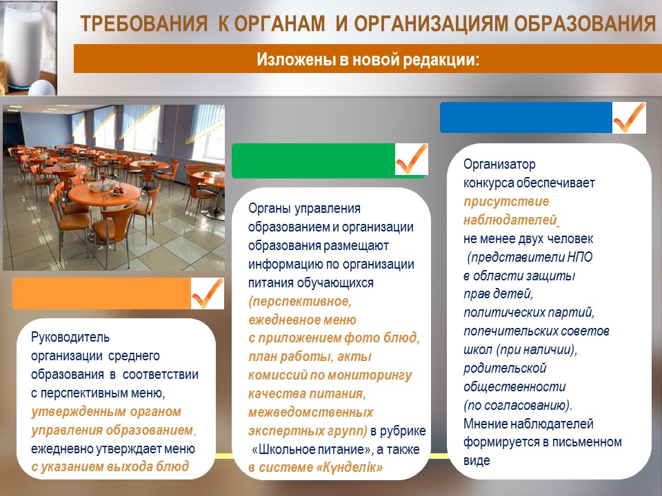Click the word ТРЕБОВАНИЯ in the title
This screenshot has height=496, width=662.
143,23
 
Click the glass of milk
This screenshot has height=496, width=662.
23,44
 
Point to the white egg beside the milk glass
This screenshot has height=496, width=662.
42,87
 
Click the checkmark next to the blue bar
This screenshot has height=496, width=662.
629,118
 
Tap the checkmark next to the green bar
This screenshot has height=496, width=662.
411,159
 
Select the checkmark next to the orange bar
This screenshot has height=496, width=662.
207,293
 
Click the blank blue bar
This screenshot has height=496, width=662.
526,118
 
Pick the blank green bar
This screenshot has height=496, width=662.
314,161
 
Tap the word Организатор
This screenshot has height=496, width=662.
499,164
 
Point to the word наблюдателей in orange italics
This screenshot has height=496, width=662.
510,220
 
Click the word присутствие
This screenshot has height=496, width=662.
506,202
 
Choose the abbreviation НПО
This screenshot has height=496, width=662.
580,257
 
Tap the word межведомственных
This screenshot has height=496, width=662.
311,412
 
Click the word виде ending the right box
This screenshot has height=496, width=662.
477,461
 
